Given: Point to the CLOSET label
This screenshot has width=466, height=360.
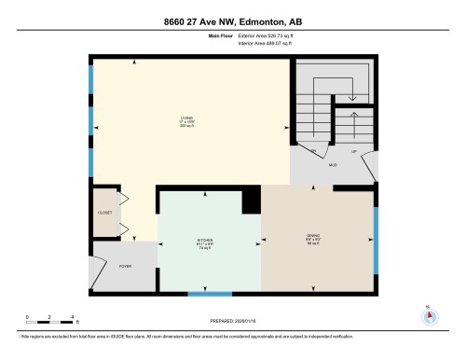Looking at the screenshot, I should coord(104,213).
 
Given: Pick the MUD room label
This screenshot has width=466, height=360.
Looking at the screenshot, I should coord(333,165).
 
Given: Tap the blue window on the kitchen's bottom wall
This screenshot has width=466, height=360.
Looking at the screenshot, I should coord(210,294).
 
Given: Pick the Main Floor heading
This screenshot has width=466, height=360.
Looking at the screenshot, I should coord(220,37).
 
